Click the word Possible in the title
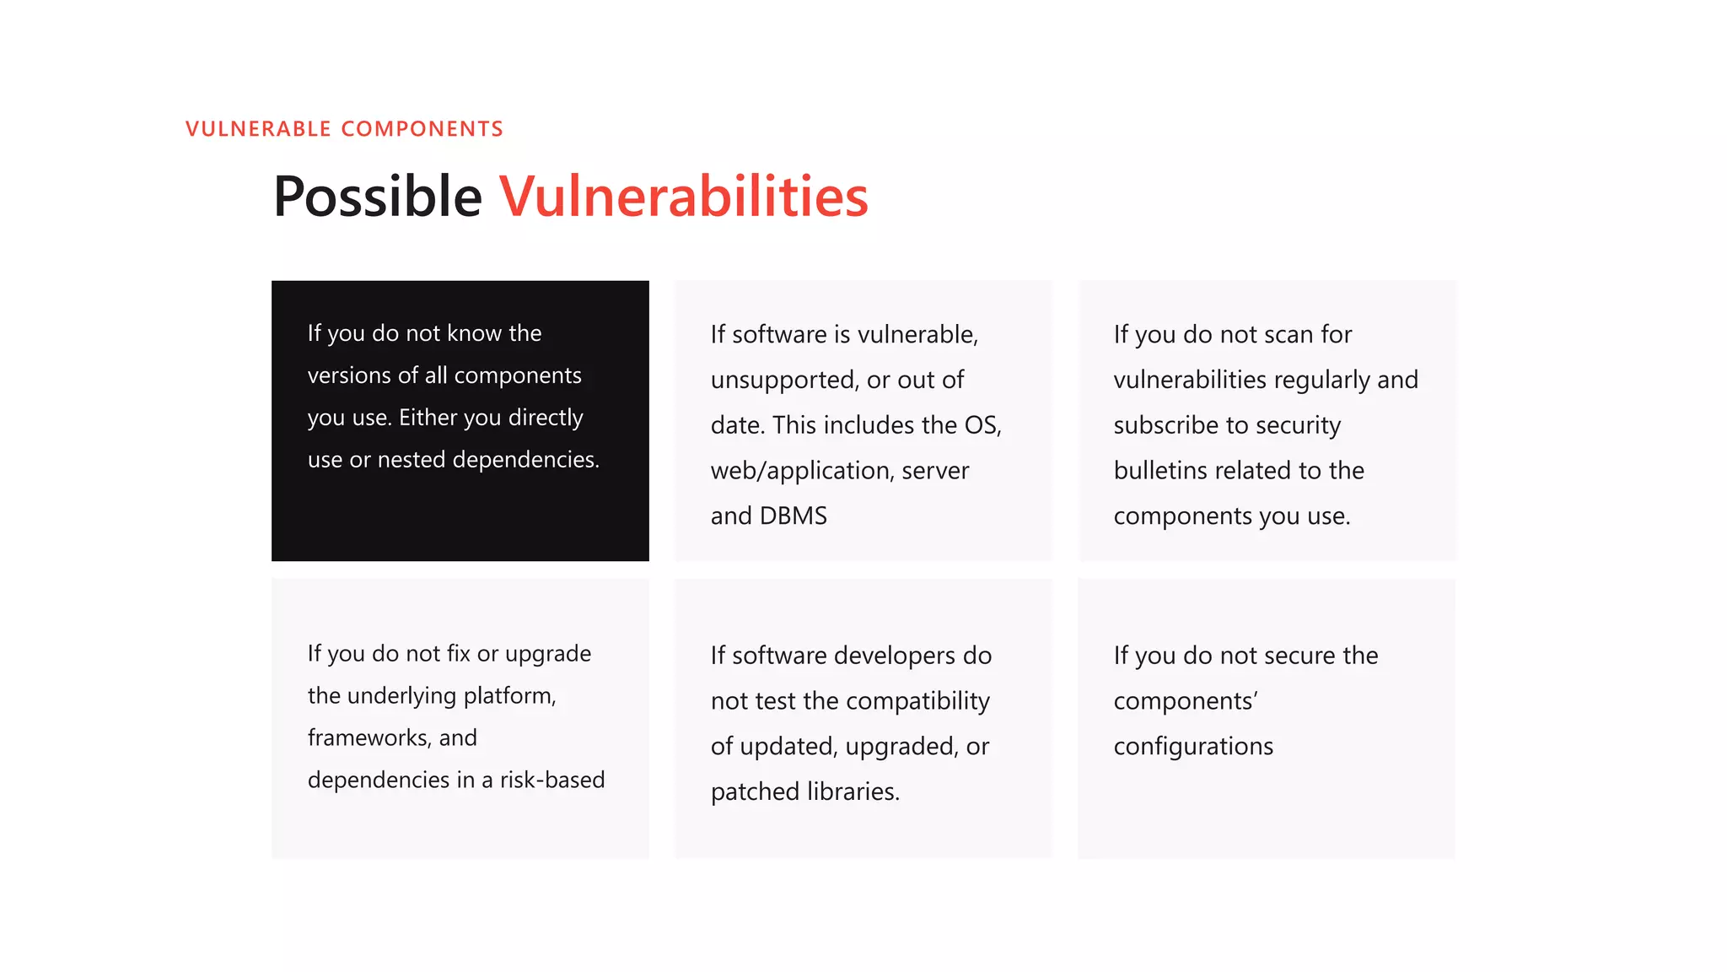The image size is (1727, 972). [x=377, y=197]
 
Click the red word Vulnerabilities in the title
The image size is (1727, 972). [x=683, y=197]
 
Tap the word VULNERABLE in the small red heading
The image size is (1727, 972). [x=258, y=129]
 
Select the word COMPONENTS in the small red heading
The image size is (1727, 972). [x=422, y=129]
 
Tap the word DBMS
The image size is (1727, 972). [x=793, y=516]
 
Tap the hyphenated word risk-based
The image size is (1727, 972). [x=552, y=780]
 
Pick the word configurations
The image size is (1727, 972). [x=1193, y=747]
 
